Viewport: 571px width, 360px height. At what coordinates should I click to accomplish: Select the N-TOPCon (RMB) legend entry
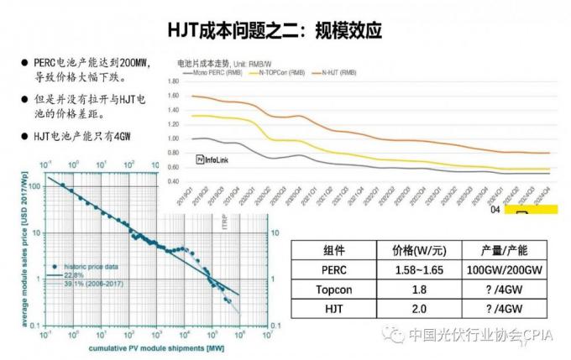(x=282, y=73)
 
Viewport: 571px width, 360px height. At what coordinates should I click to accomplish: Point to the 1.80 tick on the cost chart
(x=175, y=81)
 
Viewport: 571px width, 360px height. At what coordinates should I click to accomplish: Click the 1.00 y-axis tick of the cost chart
(x=175, y=138)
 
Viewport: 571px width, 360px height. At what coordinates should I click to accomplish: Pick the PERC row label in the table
(x=333, y=270)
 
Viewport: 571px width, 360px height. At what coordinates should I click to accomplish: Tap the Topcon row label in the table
(x=333, y=290)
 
